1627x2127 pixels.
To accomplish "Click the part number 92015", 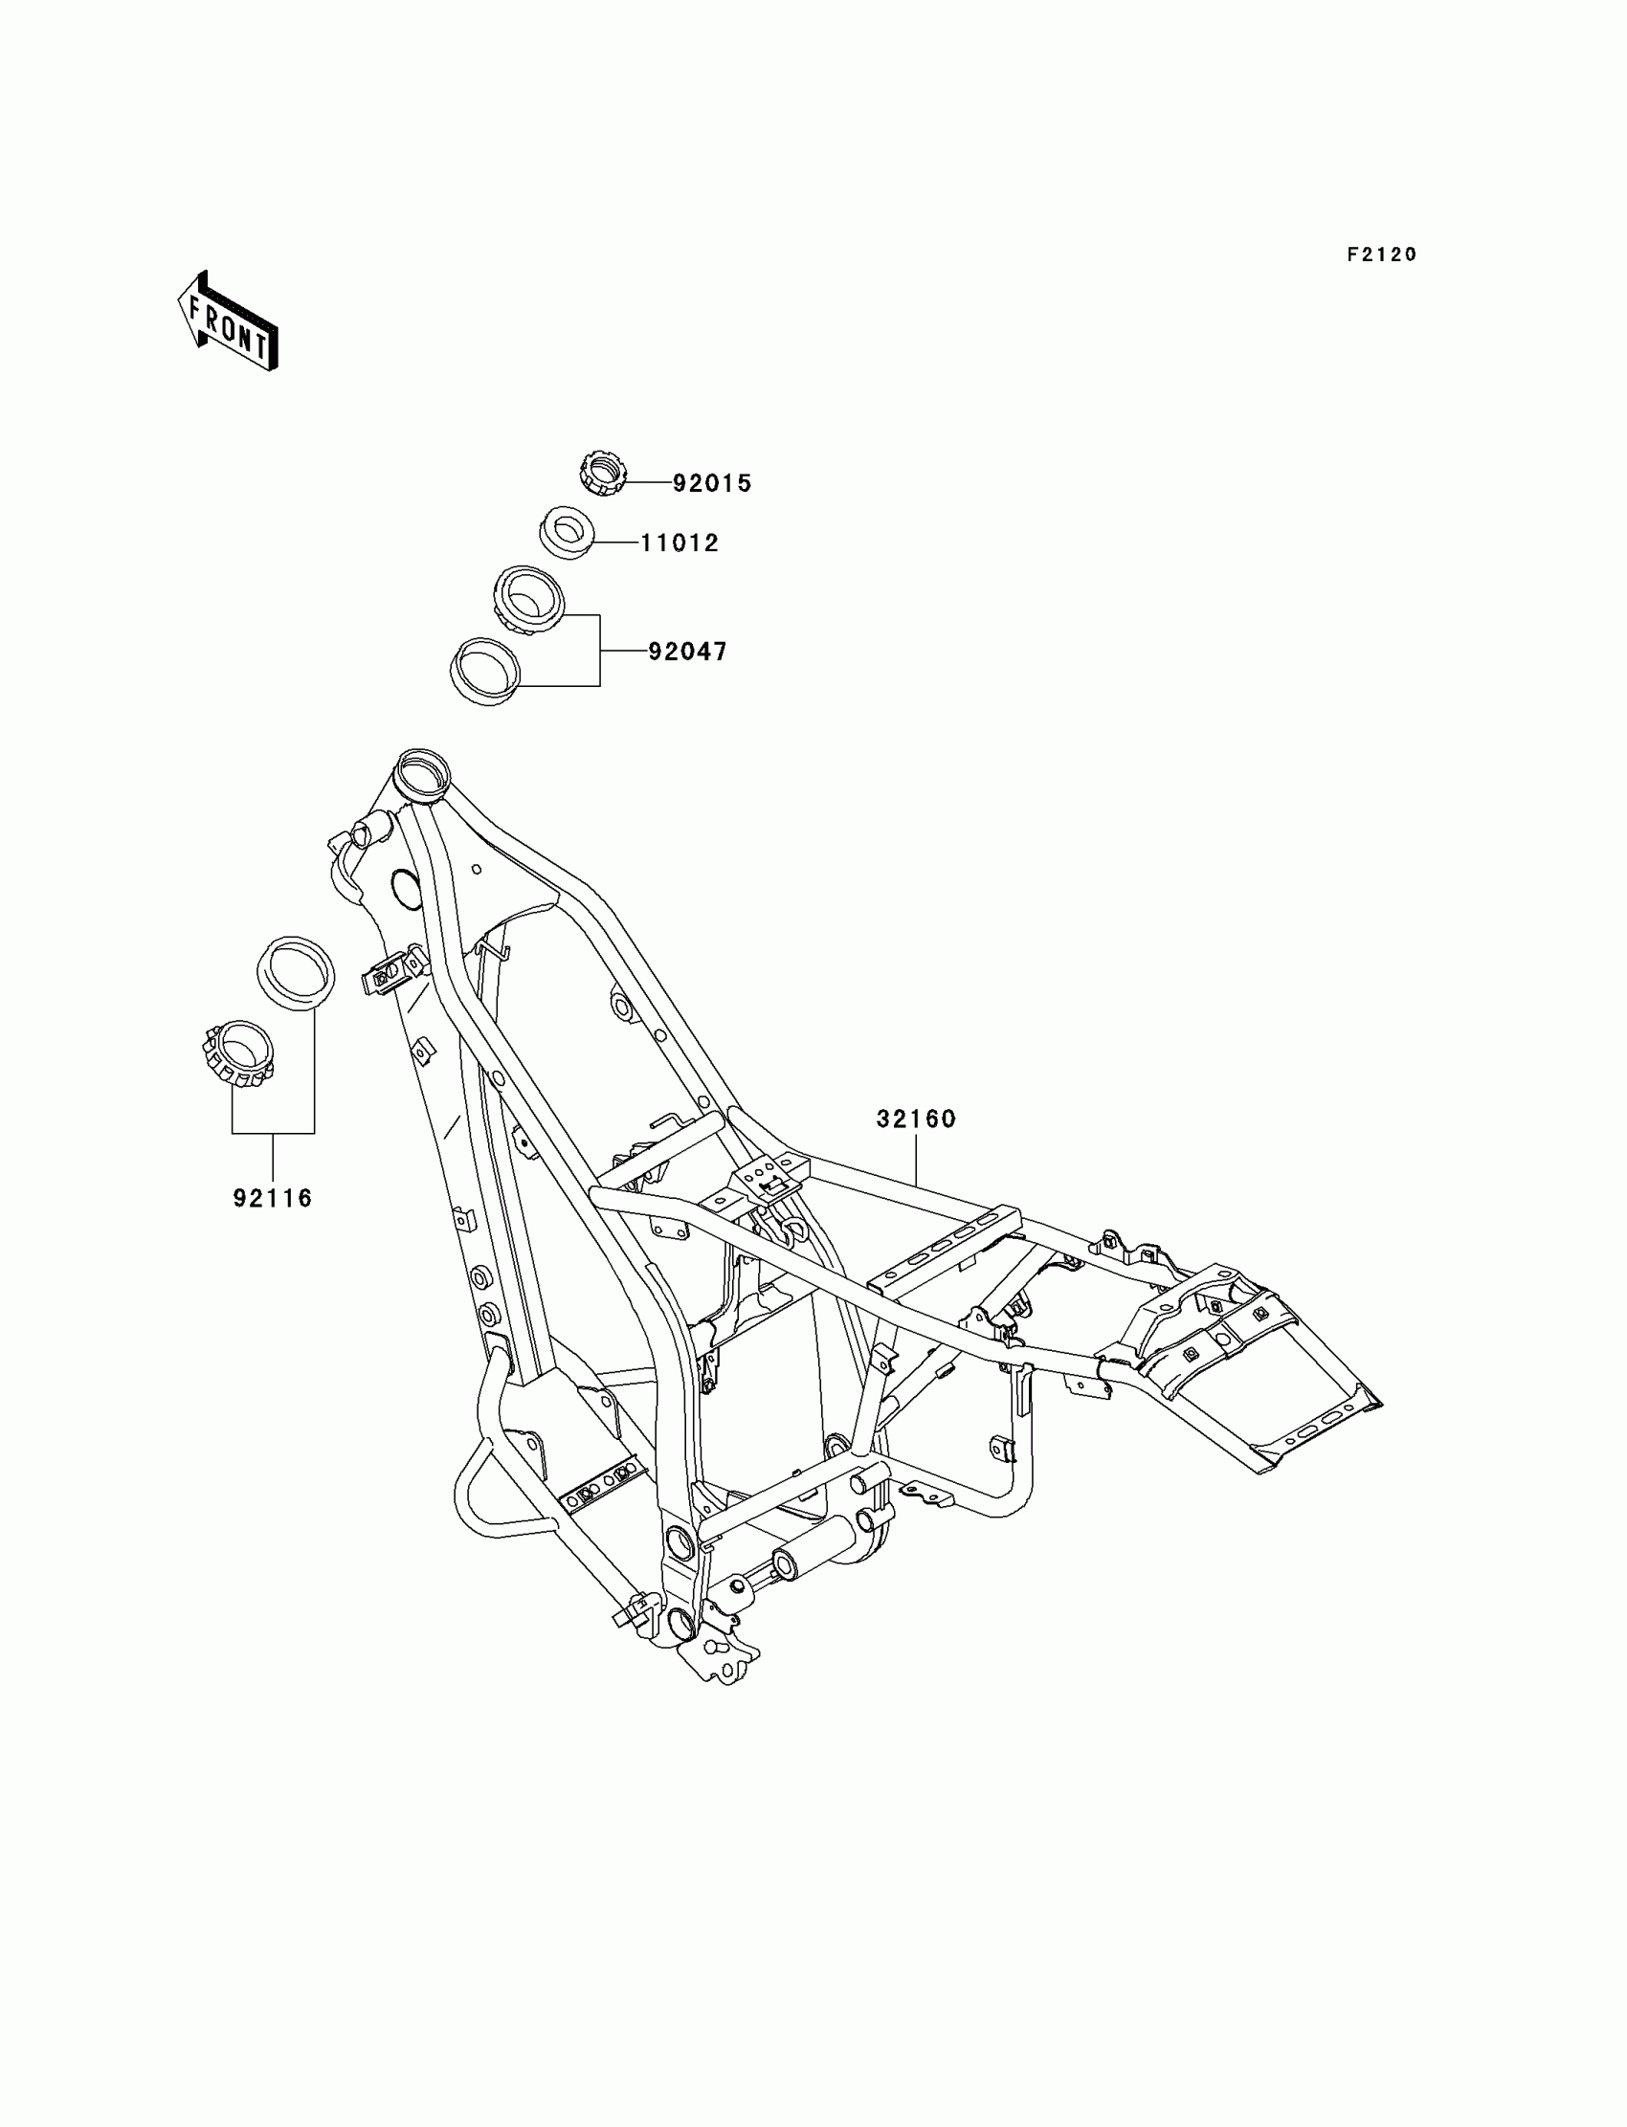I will (712, 483).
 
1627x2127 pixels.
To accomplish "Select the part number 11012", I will (680, 543).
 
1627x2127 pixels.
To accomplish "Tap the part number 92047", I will (687, 652).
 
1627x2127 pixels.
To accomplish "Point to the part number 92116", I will (273, 1199).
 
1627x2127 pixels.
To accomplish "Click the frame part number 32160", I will (916, 1119).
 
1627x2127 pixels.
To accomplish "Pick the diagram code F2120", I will (1382, 255).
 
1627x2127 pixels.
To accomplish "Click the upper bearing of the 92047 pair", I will (527, 600).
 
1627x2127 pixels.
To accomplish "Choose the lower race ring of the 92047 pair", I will (486, 671).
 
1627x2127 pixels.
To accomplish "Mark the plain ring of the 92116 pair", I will (296, 973).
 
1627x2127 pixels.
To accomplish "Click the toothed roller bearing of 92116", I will (238, 1055).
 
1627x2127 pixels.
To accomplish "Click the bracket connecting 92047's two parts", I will (599, 651).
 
